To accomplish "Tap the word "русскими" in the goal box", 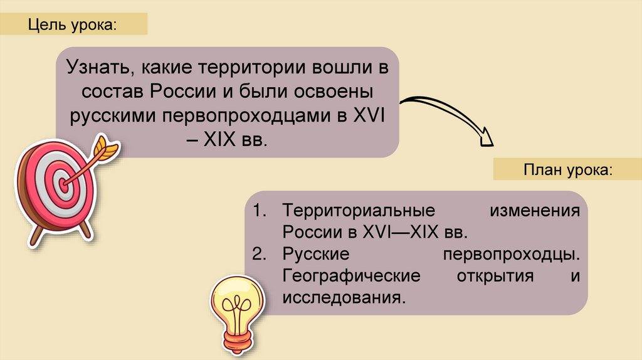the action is click(x=113, y=115).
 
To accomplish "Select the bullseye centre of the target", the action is click(x=64, y=184).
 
